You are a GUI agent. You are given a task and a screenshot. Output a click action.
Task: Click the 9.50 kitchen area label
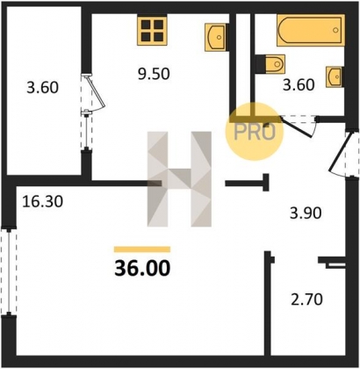[x=154, y=74]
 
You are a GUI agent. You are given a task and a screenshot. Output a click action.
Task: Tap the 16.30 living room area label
[x=43, y=201]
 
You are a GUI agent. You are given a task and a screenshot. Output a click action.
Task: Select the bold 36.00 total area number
[x=142, y=268]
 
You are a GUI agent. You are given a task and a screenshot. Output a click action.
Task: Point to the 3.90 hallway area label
[x=306, y=213]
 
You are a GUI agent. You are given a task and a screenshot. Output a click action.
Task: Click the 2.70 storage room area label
[x=306, y=300]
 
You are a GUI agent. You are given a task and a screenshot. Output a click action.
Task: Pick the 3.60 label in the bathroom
[x=299, y=85]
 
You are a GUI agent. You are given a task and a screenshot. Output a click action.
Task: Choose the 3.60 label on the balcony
[x=43, y=88]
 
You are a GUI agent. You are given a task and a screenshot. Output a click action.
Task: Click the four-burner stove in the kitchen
[x=152, y=31]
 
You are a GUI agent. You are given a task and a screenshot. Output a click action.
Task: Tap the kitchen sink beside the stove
[x=216, y=37]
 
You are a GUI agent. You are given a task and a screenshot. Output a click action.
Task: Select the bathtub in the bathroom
[x=310, y=31]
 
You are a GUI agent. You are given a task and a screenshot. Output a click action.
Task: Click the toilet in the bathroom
[x=271, y=64]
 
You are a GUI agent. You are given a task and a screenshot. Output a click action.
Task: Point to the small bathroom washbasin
[x=335, y=76]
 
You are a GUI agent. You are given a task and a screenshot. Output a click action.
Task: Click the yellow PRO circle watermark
[x=255, y=132]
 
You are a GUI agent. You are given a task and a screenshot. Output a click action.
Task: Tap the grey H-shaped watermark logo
[x=179, y=179]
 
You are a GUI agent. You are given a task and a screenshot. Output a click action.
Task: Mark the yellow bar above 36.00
[x=142, y=250]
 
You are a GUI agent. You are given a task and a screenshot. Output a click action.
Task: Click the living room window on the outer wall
[x=9, y=271]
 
